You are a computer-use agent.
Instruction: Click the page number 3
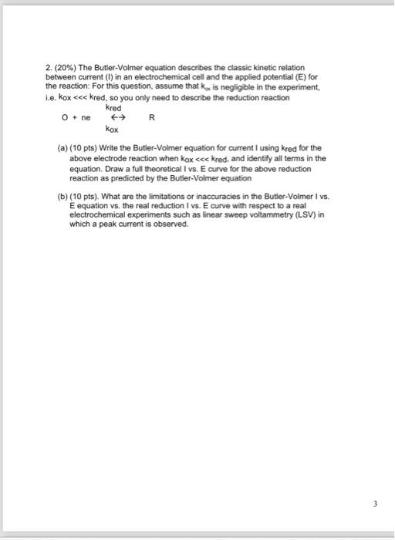[376, 505]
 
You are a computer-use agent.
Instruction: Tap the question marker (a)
[63, 147]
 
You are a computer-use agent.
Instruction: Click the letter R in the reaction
[152, 118]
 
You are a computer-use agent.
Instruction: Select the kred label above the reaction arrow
[114, 109]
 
